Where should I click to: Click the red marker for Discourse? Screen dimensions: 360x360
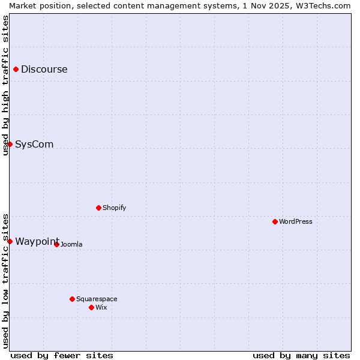[16, 69]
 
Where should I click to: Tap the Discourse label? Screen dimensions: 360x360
[44, 69]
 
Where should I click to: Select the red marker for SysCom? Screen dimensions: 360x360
[10, 144]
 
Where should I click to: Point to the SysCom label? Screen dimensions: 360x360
[34, 144]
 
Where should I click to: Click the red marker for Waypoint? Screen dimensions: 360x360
[10, 241]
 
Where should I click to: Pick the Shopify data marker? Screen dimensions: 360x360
[98, 208]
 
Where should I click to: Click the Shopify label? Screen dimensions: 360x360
[114, 208]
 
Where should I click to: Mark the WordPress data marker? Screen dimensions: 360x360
[275, 221]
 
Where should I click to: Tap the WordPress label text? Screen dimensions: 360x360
[295, 221]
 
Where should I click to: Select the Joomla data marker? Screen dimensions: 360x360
[56, 244]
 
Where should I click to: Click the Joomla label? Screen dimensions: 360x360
[71, 244]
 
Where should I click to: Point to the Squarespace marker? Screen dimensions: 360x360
[72, 299]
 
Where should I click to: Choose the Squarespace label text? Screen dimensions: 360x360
[97, 299]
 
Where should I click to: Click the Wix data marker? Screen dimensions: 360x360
[91, 307]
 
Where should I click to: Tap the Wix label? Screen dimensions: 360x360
[101, 307]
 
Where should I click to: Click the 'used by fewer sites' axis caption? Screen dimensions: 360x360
[62, 355]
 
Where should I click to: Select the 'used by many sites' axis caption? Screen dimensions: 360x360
[301, 355]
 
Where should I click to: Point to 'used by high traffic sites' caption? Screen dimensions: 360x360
[5, 85]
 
